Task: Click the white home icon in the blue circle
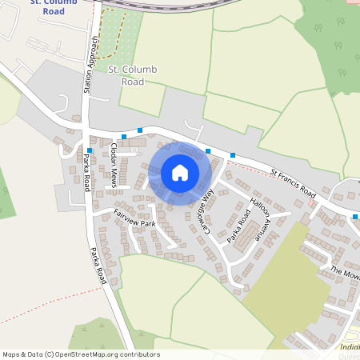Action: [180, 173]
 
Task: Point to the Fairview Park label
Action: [134, 217]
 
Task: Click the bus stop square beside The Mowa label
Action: [354, 216]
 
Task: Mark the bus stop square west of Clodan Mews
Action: [90, 150]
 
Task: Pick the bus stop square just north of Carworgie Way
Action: [208, 150]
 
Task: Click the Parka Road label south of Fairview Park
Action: [98, 264]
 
